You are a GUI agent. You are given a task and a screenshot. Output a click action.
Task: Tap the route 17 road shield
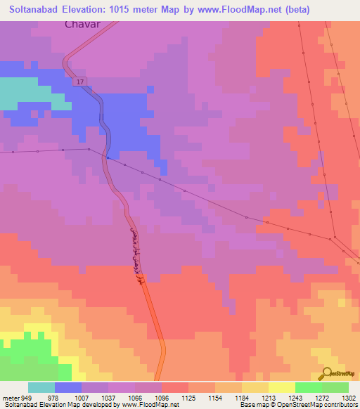tap(82, 82)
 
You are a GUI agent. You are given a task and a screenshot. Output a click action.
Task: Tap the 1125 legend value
tap(188, 398)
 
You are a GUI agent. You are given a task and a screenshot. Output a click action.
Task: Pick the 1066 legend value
tap(135, 398)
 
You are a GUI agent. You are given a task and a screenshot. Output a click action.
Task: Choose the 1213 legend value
tap(268, 398)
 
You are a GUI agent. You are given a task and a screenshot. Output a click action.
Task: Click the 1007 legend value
tap(82, 398)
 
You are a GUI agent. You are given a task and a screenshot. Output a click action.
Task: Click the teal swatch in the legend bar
tap(41, 387)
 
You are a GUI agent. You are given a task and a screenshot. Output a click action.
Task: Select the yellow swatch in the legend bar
tap(281, 387)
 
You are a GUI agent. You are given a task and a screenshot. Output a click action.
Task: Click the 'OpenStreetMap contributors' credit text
tap(316, 405)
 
